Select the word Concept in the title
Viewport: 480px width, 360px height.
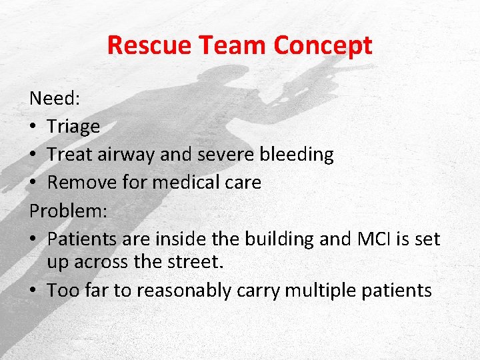[x=322, y=45]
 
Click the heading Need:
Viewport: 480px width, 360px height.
[x=55, y=99]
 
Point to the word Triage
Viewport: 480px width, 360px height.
[x=73, y=127]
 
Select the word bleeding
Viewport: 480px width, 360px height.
[x=297, y=155]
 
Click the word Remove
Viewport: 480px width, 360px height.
[x=81, y=182]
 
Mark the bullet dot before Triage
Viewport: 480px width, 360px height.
[x=34, y=127]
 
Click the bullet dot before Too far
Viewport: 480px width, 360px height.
[x=34, y=291]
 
